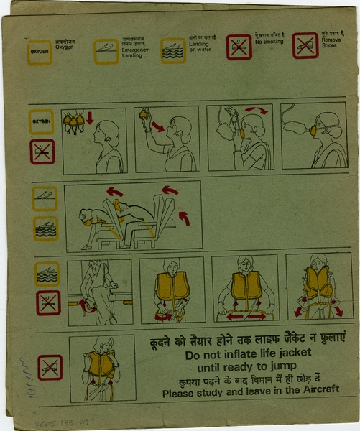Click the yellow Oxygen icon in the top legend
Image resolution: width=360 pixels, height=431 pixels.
point(40,52)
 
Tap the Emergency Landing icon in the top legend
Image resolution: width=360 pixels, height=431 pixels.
point(106,50)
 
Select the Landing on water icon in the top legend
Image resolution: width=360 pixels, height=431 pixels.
point(172,50)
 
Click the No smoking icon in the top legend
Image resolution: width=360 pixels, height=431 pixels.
point(239,47)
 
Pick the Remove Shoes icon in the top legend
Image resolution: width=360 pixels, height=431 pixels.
point(305,45)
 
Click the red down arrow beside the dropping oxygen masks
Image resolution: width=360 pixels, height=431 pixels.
point(90,117)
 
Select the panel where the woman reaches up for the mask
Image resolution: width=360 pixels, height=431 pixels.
point(166,139)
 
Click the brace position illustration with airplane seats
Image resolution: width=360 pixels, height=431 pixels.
point(133,215)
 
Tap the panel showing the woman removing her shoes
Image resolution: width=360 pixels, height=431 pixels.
point(100,292)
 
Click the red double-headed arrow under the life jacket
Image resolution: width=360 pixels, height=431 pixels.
point(246,315)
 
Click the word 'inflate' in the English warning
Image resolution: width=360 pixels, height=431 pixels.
point(236,355)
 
